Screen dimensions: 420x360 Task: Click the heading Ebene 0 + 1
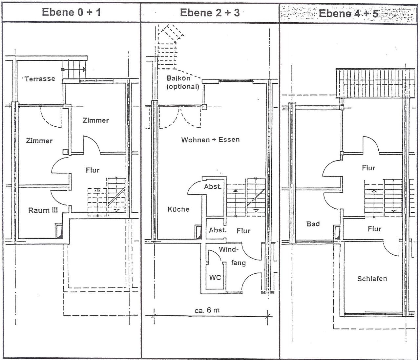coord(71,12)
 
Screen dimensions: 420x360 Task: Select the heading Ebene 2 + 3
coord(210,12)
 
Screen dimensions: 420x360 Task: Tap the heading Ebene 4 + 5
coord(348,13)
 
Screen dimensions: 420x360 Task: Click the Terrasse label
coord(40,79)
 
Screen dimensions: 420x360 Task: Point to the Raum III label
coord(43,210)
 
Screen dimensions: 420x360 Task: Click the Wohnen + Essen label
coord(210,140)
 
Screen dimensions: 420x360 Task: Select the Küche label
coord(178,209)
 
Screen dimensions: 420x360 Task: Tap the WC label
coord(215,277)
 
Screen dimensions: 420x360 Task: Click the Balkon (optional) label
coord(183,82)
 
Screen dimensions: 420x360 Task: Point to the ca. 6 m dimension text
coord(207,310)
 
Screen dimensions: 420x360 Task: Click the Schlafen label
coord(372,279)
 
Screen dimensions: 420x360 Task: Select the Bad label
coord(313,224)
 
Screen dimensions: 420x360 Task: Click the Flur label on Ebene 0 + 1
coord(93,170)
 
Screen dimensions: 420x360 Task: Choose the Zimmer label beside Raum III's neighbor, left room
coord(39,141)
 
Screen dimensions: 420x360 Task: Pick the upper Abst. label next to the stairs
coord(213,187)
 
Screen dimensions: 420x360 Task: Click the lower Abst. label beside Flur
coord(218,230)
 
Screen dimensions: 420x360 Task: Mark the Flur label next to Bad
coord(374,229)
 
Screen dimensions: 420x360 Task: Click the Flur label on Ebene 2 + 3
coord(243,231)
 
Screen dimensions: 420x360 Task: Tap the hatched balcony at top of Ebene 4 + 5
coord(375,83)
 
